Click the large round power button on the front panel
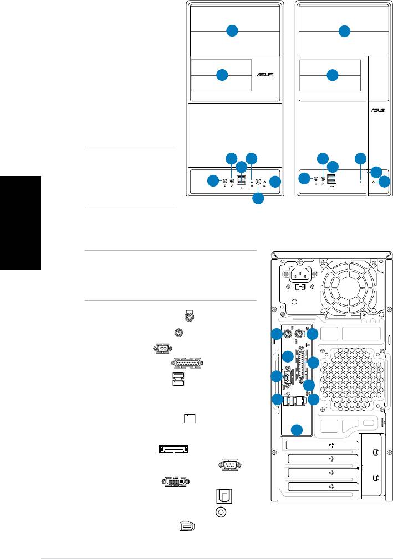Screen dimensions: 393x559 [258, 181]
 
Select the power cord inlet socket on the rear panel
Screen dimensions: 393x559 [300, 275]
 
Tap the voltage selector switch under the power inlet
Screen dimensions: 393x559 [299, 287]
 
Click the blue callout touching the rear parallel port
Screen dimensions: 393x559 [314, 363]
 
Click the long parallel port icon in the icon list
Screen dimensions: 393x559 [188, 363]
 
